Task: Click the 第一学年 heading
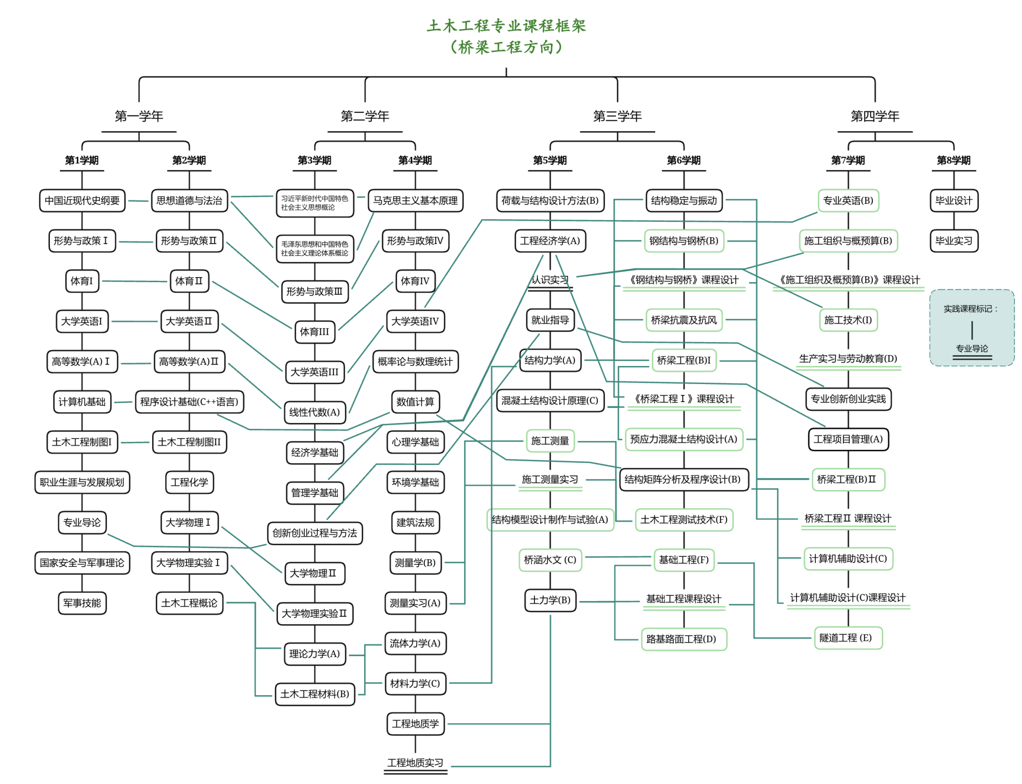139,116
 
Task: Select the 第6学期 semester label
683,160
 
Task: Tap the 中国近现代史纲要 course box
82,201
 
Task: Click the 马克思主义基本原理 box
415,201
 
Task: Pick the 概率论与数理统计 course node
415,362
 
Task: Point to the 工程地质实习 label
415,763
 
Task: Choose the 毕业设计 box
953,201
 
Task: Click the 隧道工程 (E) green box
848,638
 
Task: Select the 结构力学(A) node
550,360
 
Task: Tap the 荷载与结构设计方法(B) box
550,201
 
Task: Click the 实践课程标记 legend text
970,309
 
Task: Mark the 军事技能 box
82,603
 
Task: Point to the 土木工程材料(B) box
315,694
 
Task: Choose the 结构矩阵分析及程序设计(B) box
683,479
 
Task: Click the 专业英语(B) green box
848,201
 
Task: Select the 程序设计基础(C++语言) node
189,402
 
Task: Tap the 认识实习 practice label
550,280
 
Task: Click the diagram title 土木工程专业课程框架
506,26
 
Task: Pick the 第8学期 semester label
953,160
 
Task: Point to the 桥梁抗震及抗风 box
683,320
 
